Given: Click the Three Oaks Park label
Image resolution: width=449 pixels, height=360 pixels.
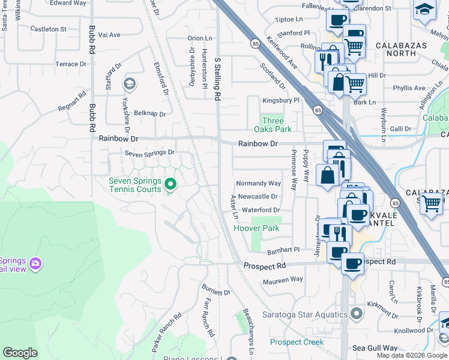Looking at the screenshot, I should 277,125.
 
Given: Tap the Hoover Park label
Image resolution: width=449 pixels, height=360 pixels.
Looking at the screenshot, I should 256,229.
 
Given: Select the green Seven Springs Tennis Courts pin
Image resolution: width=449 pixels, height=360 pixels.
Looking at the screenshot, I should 170,185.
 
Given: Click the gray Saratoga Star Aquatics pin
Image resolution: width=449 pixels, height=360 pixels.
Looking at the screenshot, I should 357,314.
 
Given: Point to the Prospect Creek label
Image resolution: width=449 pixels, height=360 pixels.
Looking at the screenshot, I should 297,343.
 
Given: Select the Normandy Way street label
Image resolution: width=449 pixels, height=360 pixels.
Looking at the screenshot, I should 258,183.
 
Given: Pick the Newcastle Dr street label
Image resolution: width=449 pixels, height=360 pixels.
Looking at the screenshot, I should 258,196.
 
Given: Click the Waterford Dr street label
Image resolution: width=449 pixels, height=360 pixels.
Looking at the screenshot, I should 261,210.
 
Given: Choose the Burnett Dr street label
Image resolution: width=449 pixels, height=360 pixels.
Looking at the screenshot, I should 216,292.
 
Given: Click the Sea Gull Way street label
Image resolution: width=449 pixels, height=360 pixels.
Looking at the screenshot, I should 375,348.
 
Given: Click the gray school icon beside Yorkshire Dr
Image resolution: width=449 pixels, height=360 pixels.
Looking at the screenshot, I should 128,83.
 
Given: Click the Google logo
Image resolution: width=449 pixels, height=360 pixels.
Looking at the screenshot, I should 20,353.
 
